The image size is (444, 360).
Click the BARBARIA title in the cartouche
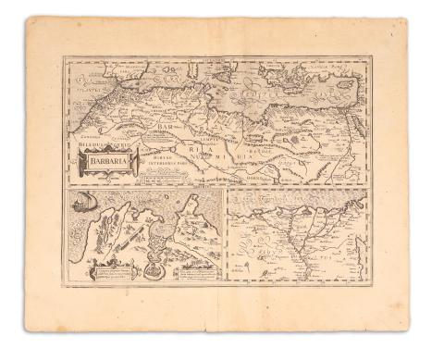[x=109, y=165]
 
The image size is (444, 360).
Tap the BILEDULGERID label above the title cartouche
[x=105, y=146]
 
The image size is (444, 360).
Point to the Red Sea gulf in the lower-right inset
[x=351, y=222]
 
